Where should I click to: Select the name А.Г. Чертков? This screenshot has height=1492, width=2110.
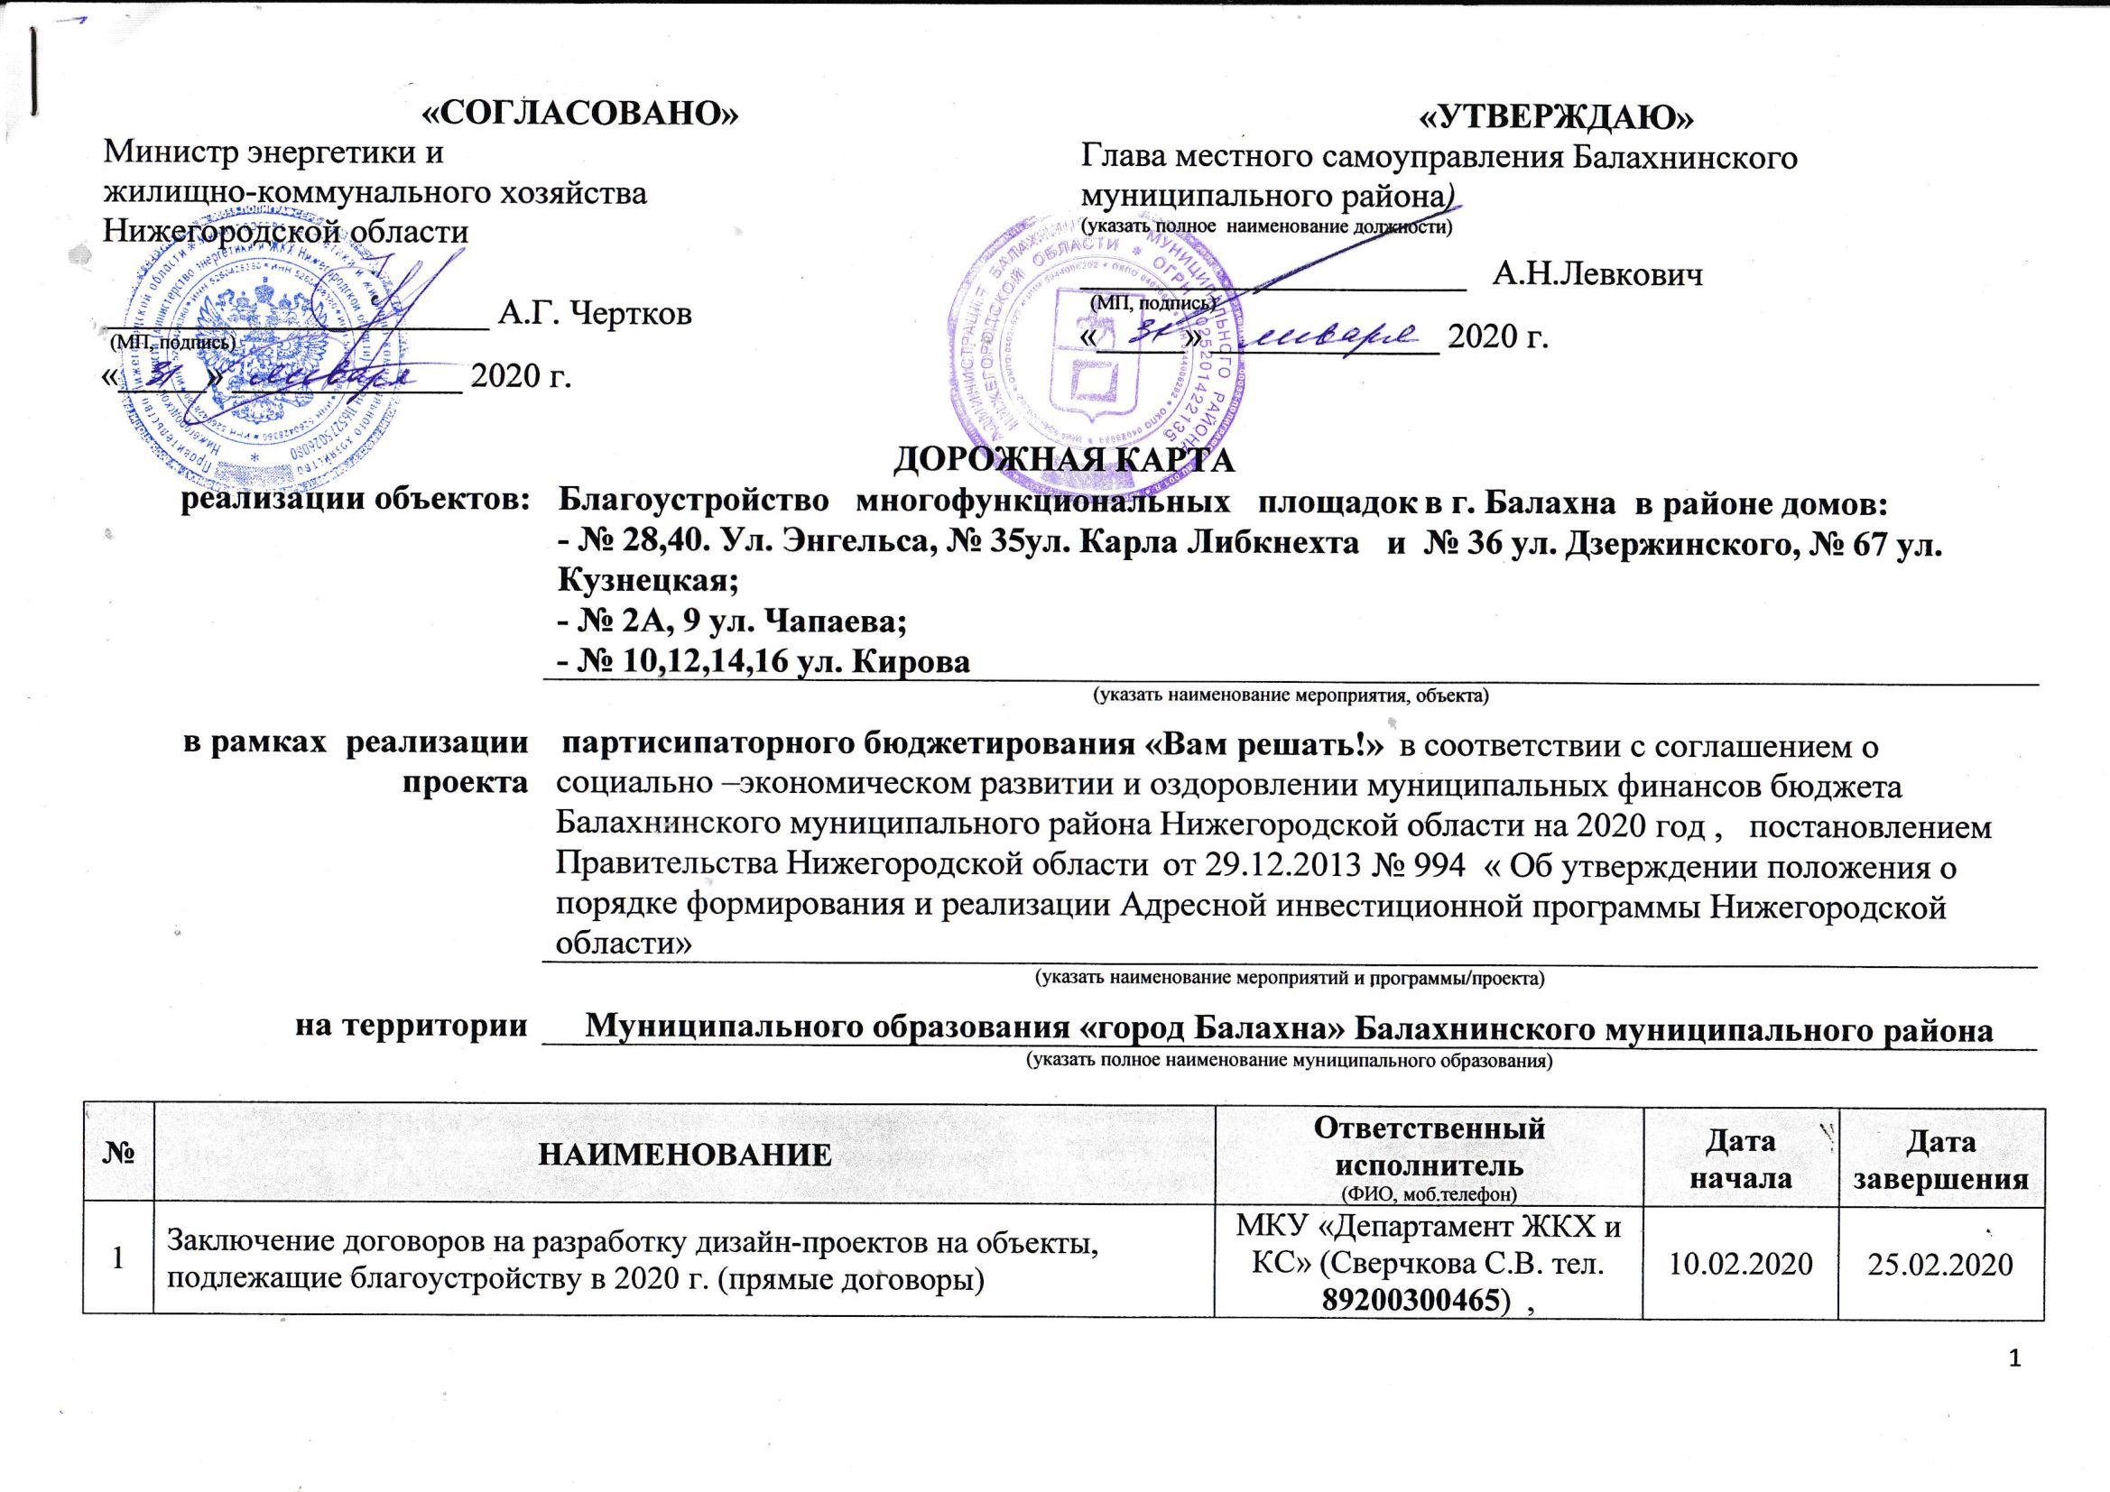tap(594, 313)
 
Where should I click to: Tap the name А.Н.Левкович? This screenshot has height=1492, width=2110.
tap(1597, 274)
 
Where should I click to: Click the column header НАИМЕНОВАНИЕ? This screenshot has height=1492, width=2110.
tap(684, 1156)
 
